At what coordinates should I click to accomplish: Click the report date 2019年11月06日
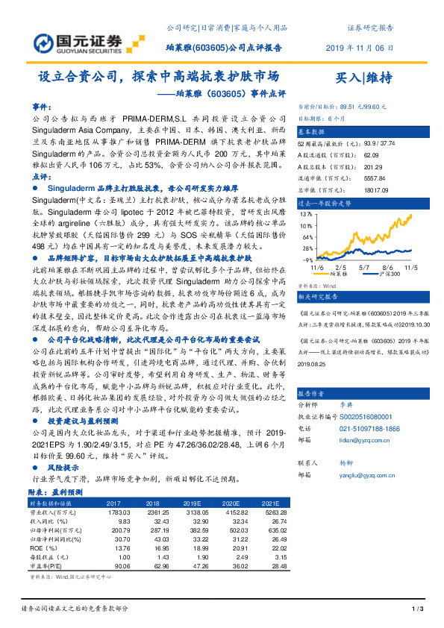point(360,47)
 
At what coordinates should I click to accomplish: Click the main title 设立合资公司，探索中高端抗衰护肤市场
point(159,77)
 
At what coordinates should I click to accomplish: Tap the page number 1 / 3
point(418,610)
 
